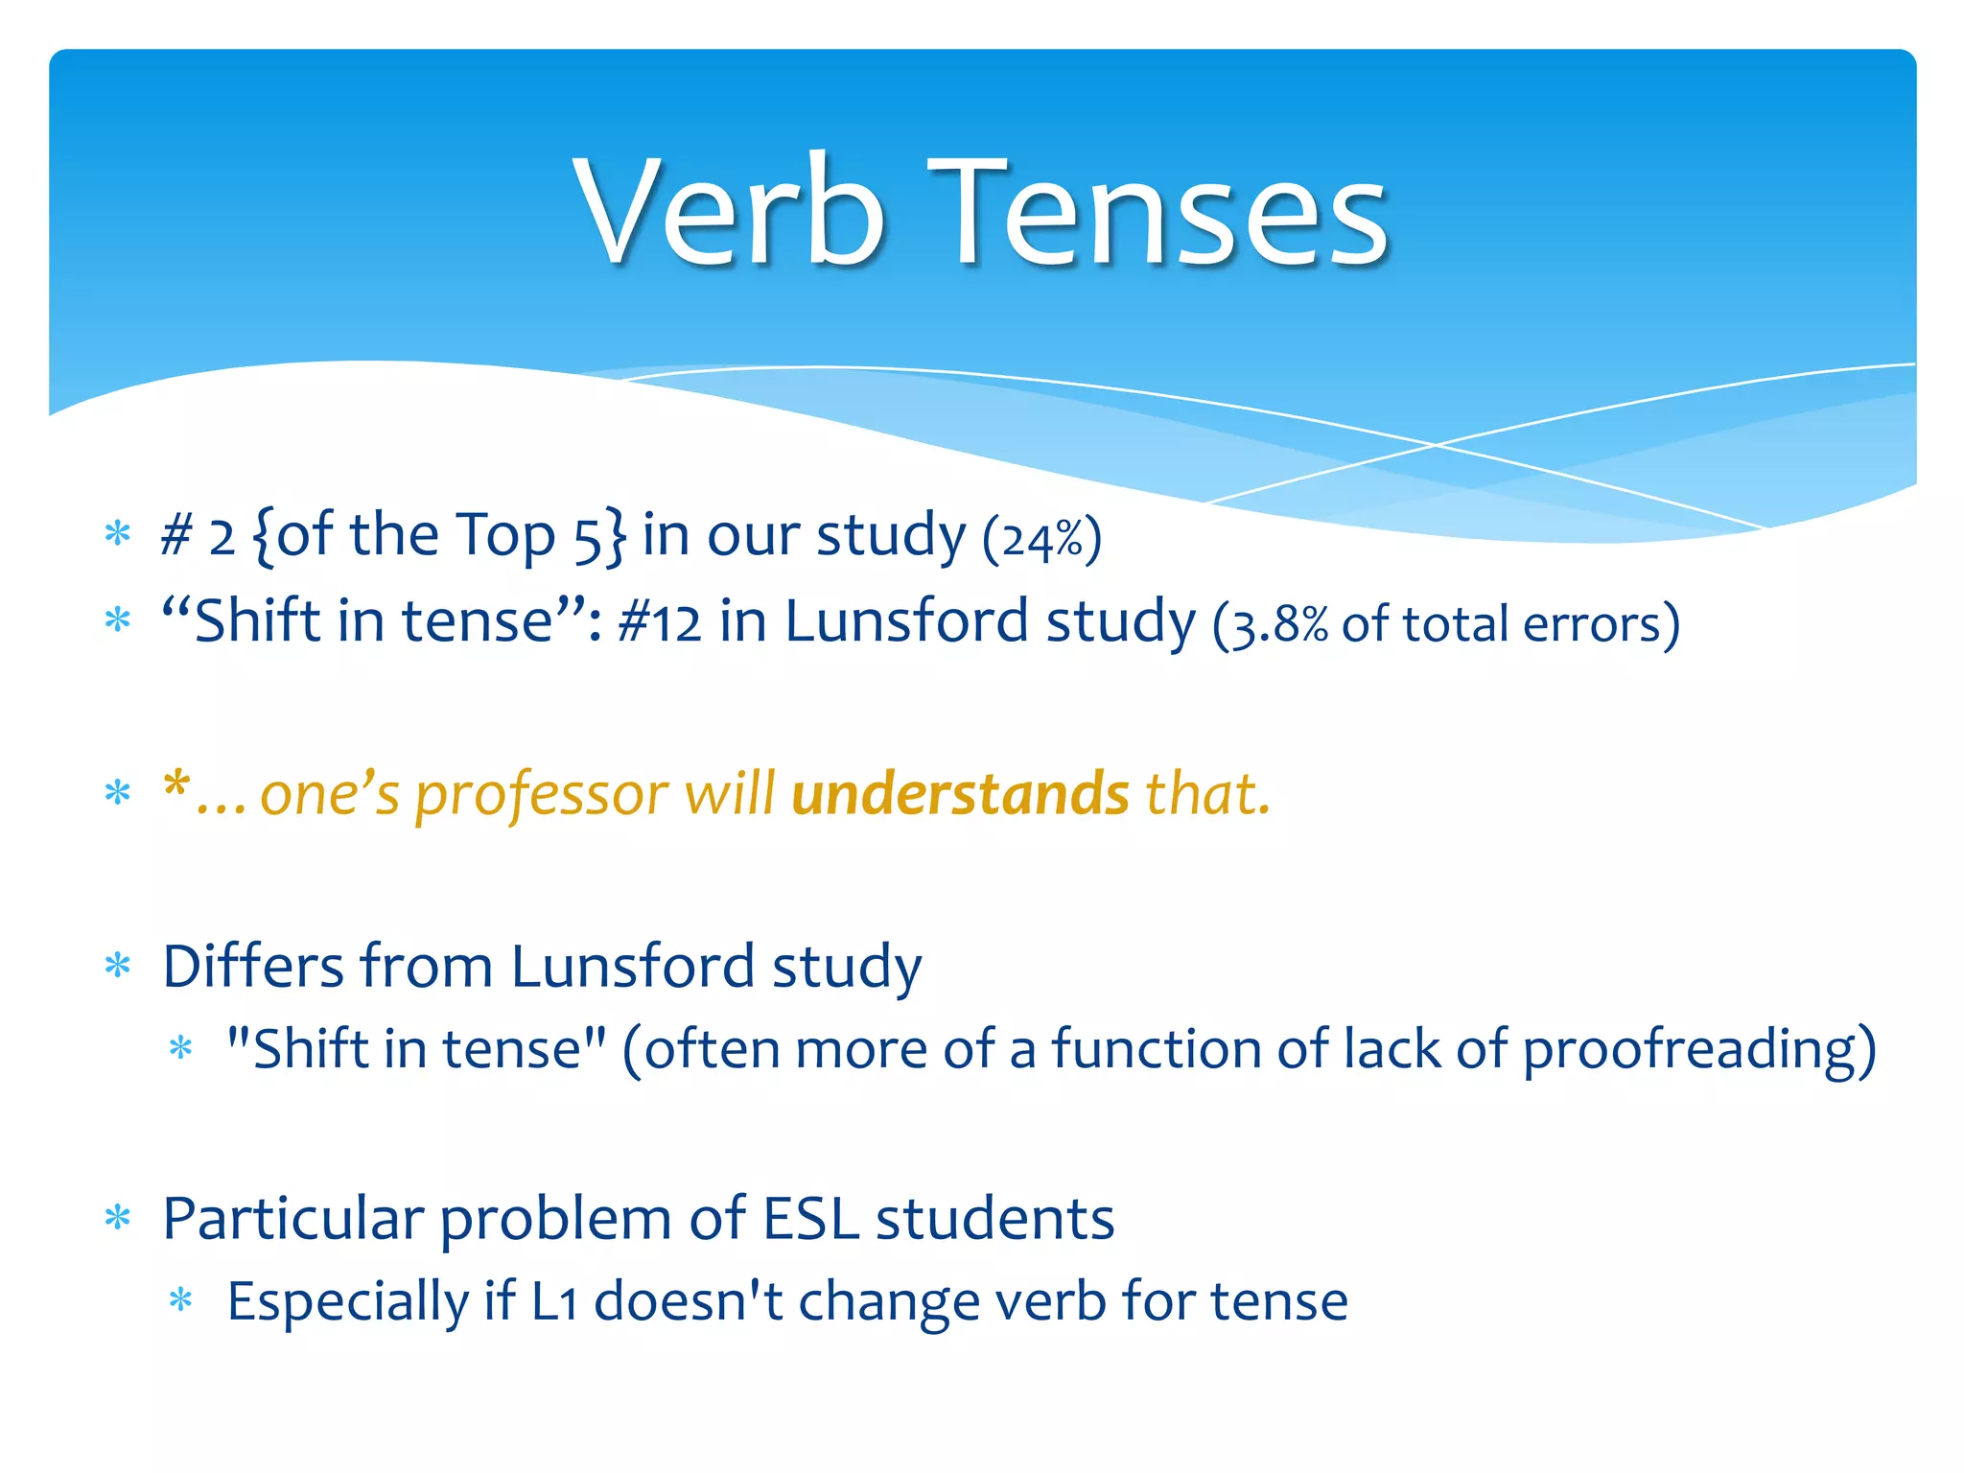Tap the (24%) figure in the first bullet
click(1041, 538)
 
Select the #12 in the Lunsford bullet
click(659, 622)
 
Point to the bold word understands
click(960, 794)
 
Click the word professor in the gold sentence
click(541, 794)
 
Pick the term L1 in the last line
click(554, 1302)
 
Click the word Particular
click(292, 1219)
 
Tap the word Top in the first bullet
click(504, 536)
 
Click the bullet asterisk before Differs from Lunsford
click(118, 966)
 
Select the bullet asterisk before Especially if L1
click(180, 1302)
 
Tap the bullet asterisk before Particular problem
click(118, 1219)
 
